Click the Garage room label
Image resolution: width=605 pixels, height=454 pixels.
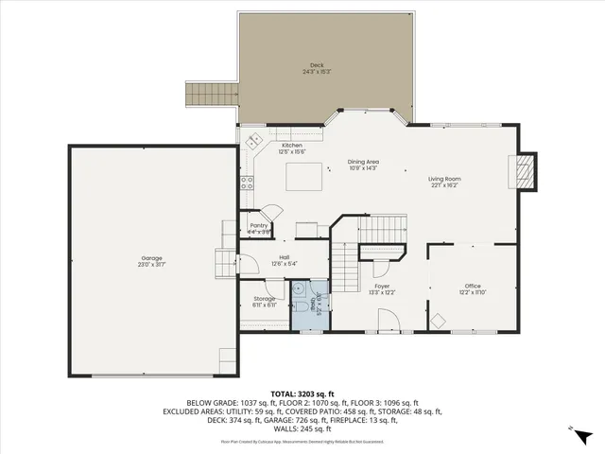coord(151,260)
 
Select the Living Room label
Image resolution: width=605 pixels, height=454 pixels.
coord(444,183)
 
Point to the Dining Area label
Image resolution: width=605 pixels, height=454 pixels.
coord(363,165)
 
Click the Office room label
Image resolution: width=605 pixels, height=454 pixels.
coord(473,288)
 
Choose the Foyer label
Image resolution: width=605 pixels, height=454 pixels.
coord(382,288)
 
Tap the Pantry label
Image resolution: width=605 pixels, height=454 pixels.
coord(258,228)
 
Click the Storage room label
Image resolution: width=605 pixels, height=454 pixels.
coord(264,302)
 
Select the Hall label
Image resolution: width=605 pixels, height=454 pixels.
coord(284,260)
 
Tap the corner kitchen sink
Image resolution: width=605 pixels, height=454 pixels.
coord(253,141)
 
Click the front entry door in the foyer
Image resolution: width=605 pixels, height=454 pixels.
coord(390,322)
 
